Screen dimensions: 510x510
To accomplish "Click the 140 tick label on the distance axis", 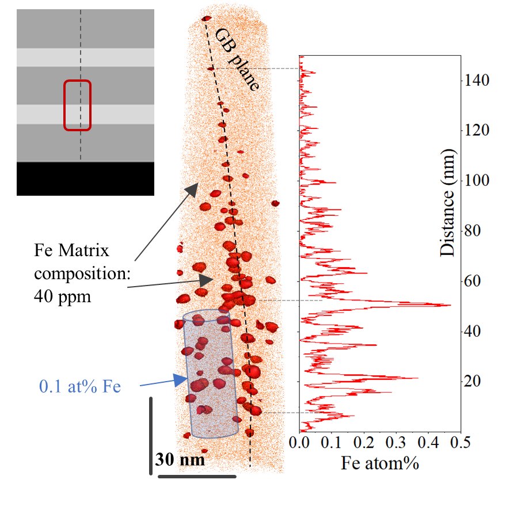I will tap(477, 80).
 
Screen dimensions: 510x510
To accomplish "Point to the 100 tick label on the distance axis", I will tap(477, 181).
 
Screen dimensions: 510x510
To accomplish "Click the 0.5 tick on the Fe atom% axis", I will tap(460, 443).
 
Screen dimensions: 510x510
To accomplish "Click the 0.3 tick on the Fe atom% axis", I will tap(396, 443).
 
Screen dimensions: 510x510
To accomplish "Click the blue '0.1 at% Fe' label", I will tap(79, 386).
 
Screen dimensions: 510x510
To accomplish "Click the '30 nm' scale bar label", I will tap(180, 460).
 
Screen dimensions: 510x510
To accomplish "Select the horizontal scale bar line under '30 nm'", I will tap(197, 476).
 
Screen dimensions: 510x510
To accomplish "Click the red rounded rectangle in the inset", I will tap(77, 105).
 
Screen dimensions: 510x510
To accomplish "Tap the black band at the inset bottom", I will tap(85, 178).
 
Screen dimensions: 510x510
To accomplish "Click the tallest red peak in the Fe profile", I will tap(450, 305).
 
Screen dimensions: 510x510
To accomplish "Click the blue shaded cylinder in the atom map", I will tap(211, 374).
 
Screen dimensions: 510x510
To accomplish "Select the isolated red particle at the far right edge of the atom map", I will tap(276, 203).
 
